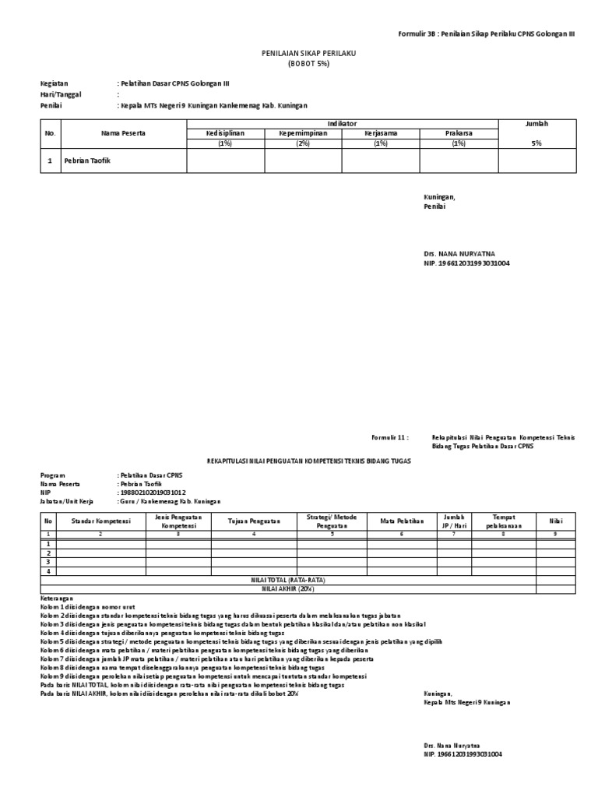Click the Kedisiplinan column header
[x=225, y=133]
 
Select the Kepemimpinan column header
[x=303, y=133]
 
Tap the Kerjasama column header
[x=381, y=133]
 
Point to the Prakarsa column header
[x=459, y=133]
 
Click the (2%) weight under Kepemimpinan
[x=303, y=143]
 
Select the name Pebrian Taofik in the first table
[x=89, y=161]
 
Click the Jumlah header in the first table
[x=536, y=124]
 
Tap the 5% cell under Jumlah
[x=536, y=143]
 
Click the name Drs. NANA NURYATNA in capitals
[x=459, y=253]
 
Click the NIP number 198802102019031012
[x=152, y=493]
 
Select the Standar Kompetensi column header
[x=101, y=521]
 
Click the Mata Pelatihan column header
[x=401, y=521]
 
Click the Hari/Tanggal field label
[x=61, y=94]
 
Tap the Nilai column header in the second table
[x=554, y=521]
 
